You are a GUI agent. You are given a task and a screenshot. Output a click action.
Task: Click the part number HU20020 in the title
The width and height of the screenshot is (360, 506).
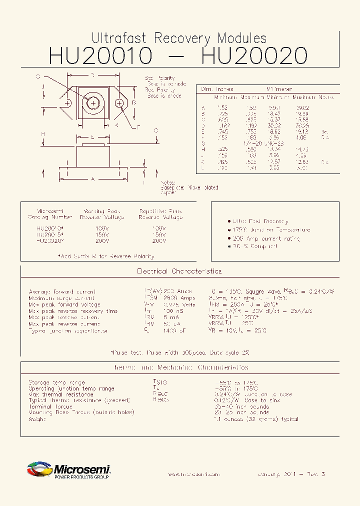click(253, 55)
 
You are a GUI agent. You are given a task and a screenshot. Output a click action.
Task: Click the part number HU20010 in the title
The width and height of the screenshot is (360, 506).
click(100, 55)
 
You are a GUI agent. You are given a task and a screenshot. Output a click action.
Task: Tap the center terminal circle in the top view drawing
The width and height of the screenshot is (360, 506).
click(93, 103)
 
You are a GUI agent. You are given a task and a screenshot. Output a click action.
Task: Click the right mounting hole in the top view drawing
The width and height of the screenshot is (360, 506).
click(119, 103)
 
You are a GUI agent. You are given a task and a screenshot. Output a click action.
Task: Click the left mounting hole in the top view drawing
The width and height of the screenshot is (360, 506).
click(66, 103)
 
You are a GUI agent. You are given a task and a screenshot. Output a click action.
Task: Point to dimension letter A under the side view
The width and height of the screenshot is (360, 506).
click(92, 178)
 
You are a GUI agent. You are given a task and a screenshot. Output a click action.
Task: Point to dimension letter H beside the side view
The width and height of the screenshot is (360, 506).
click(43, 134)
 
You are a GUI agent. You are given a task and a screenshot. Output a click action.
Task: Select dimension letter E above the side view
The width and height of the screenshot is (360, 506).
click(92, 136)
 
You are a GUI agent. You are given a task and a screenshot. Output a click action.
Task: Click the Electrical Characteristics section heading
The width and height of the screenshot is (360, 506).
click(179, 271)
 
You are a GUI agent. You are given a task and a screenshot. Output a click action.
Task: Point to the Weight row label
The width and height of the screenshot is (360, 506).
click(37, 419)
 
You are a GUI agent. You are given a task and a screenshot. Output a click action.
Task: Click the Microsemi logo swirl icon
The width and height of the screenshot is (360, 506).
click(39, 470)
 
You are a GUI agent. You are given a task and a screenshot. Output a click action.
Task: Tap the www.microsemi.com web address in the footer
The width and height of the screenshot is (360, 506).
click(193, 474)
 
